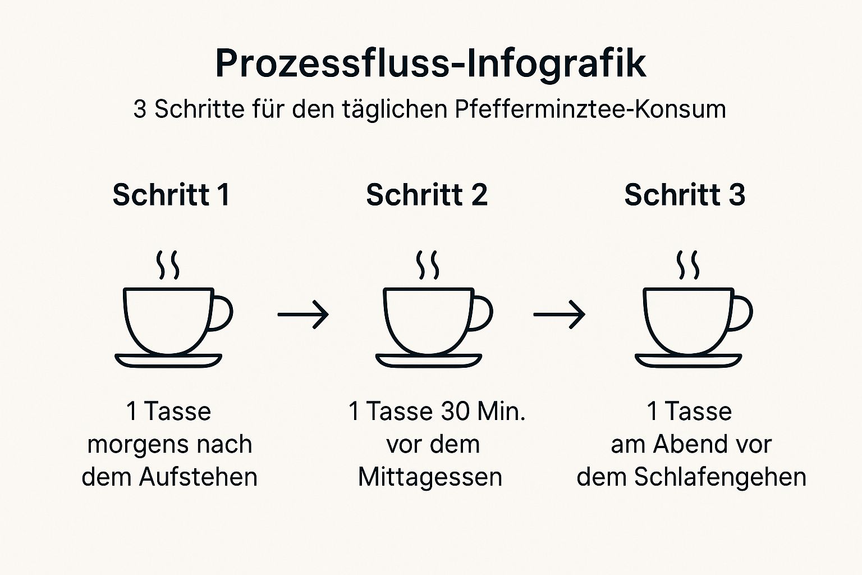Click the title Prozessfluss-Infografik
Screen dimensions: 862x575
click(x=430, y=63)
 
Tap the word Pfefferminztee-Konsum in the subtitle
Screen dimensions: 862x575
click(x=590, y=109)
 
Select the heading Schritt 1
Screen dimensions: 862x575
click(x=171, y=195)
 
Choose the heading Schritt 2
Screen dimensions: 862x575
click(x=427, y=195)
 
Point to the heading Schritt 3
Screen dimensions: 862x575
click(x=685, y=195)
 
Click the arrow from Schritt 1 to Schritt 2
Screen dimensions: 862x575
click(x=303, y=314)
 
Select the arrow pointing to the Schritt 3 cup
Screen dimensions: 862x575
click(x=559, y=314)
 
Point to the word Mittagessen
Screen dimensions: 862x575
click(x=430, y=477)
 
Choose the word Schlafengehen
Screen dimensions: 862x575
click(x=720, y=477)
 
